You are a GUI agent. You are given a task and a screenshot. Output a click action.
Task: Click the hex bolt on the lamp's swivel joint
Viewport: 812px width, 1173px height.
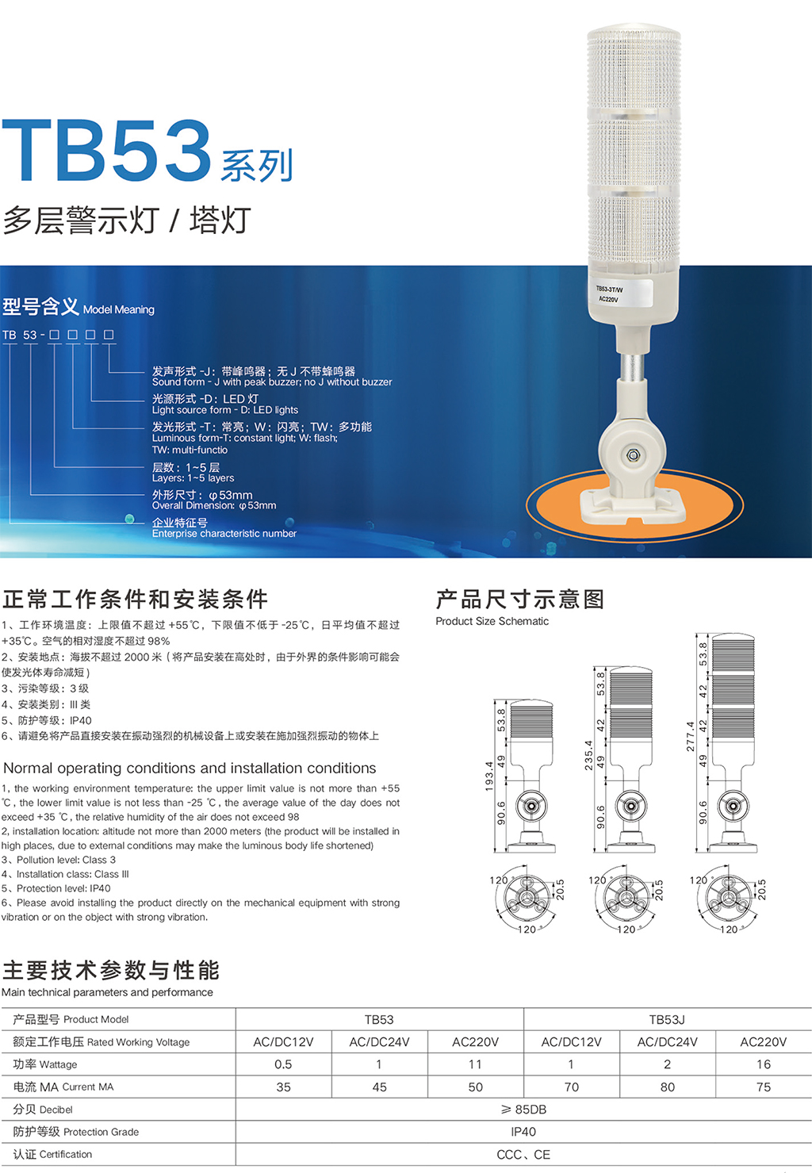[x=633, y=454]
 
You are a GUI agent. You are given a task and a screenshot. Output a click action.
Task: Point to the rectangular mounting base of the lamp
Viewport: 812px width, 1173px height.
[x=633, y=506]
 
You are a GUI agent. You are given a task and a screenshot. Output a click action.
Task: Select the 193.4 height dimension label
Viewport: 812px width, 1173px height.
[x=489, y=776]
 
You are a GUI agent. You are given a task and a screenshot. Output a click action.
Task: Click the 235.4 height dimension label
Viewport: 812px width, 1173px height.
[x=588, y=754]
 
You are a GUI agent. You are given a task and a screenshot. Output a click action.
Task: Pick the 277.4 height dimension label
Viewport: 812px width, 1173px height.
[x=690, y=736]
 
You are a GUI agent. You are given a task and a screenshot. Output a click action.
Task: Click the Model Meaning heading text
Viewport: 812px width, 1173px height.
[x=119, y=309]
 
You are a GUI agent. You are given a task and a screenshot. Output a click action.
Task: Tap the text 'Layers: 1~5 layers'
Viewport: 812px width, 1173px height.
[x=193, y=478]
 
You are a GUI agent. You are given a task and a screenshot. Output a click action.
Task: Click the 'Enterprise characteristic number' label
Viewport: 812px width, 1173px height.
[x=224, y=533]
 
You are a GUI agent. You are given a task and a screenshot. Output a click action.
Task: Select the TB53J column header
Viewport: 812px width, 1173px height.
[x=667, y=1019]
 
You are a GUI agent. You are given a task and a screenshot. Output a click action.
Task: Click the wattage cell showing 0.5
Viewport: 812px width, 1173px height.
[x=283, y=1064]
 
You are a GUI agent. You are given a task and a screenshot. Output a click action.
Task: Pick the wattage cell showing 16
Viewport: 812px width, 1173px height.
[x=764, y=1064]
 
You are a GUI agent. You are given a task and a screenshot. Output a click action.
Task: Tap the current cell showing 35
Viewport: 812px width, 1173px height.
[x=283, y=1087]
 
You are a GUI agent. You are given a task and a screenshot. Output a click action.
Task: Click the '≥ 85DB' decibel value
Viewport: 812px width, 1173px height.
[x=523, y=1109]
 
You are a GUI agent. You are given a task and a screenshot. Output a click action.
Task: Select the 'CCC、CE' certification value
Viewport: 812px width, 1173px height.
[x=523, y=1154]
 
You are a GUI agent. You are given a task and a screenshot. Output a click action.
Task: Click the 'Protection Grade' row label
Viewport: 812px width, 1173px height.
[x=101, y=1132]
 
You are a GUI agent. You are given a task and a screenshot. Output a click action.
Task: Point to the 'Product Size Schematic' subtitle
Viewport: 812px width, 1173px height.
[x=492, y=621]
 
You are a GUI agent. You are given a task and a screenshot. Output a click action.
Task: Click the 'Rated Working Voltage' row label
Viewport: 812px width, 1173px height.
[x=138, y=1042]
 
